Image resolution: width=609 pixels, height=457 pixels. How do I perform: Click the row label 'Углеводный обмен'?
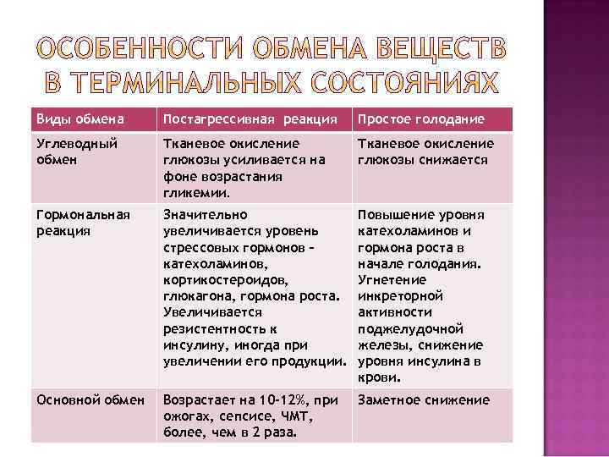[74, 151]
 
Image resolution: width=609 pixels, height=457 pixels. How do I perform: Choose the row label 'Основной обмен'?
[90, 400]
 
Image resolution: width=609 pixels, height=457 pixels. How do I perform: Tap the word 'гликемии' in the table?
[192, 193]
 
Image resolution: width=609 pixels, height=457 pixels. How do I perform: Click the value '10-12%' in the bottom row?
[269, 400]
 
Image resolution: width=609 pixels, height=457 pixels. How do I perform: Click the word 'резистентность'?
[211, 328]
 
